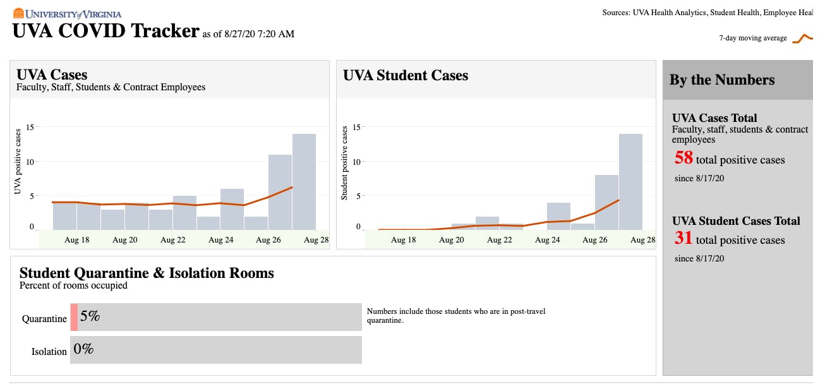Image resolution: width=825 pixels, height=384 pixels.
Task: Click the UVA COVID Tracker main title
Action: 106,31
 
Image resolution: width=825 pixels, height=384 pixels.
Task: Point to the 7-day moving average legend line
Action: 802,39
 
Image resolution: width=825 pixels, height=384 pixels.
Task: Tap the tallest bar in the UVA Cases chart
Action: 304,182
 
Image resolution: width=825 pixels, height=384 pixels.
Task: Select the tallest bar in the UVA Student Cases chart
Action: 630,182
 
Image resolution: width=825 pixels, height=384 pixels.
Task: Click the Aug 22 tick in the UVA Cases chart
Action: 172,240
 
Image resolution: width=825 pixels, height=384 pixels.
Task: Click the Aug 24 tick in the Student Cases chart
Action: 547,240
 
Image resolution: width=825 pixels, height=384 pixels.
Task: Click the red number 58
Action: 683,158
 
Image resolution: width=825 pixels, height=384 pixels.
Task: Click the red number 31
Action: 683,238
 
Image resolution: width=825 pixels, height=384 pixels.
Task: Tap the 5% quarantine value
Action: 90,316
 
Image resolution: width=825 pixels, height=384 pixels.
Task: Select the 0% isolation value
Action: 83,348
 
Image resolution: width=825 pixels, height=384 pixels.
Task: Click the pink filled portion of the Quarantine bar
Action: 74,317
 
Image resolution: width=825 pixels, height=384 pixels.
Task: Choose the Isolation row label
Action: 49,352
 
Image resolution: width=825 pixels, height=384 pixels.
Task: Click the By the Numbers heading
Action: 721,80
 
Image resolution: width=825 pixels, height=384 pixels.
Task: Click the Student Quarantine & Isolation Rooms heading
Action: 147,273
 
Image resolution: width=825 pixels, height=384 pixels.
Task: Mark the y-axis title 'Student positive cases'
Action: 345,163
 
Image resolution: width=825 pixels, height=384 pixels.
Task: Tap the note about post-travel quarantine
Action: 455,316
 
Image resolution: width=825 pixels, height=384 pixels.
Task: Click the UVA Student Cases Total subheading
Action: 736,221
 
